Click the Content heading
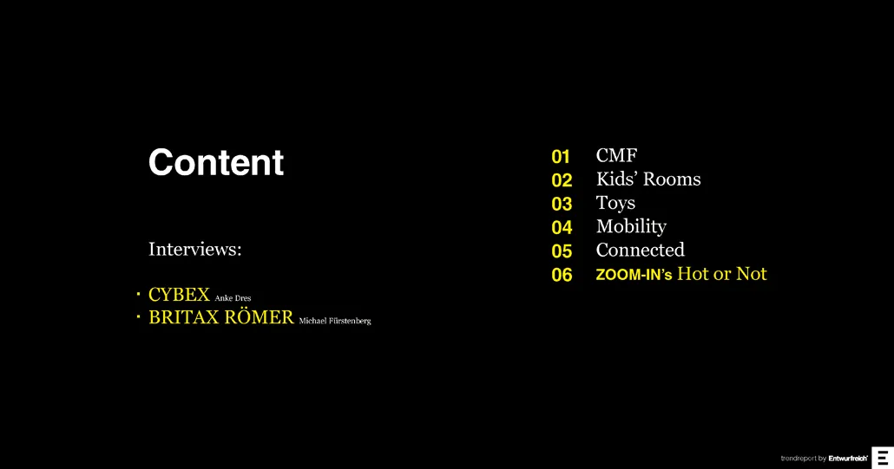216,163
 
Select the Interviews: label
195,250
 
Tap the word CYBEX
179,294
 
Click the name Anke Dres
233,297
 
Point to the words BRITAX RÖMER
221,316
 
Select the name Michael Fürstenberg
335,321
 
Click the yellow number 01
561,157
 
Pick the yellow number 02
562,180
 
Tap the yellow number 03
562,204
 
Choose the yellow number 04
562,228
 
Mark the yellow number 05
562,251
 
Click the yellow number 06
562,275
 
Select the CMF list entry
616,155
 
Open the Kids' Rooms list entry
648,179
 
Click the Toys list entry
615,204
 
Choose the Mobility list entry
631,227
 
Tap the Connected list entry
641,250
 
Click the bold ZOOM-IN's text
634,275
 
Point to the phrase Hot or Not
722,274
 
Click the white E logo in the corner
884,458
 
